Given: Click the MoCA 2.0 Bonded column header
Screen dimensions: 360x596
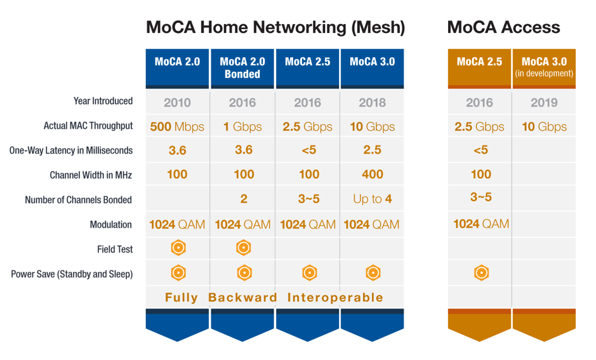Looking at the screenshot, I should [242, 68].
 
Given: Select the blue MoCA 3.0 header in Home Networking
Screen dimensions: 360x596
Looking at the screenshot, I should [372, 62].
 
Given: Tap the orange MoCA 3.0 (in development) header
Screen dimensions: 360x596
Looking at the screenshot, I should [544, 67].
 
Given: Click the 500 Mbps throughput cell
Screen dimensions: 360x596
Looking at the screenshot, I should [177, 126].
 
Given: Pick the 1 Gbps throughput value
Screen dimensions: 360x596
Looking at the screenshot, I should [242, 126].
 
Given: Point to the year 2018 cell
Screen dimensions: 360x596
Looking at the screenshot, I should [372, 102].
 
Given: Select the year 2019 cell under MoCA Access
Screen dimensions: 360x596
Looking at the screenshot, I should [544, 102].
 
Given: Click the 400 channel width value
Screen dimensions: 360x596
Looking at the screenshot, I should [372, 175].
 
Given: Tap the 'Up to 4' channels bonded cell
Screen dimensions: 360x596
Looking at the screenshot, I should [372, 199].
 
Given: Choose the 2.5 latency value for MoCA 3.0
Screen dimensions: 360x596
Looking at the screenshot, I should [372, 150].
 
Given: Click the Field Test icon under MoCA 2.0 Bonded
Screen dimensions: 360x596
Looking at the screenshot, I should [244, 248].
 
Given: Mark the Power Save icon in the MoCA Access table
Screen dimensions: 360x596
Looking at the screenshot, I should [481, 273].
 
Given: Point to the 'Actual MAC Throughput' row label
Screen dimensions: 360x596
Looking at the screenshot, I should [88, 126].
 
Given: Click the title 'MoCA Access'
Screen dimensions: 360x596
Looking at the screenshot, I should [503, 27].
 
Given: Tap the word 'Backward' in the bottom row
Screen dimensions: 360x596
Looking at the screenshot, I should [242, 297].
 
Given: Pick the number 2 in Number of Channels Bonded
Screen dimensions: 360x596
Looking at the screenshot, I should [244, 199].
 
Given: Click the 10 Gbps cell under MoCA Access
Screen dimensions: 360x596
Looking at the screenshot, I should [544, 126].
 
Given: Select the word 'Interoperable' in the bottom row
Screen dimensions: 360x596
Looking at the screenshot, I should [335, 297].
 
